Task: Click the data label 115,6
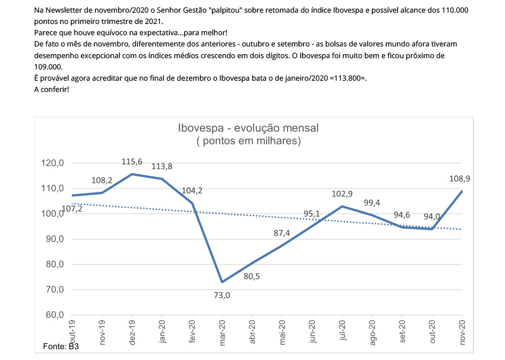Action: point(132,161)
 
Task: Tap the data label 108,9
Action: point(459,179)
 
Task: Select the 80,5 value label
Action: point(251,276)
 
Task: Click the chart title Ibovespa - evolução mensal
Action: point(248,128)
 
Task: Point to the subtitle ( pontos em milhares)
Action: point(249,141)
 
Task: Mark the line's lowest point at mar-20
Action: point(222,282)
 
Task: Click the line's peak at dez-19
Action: point(132,174)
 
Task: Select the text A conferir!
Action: point(51,89)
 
